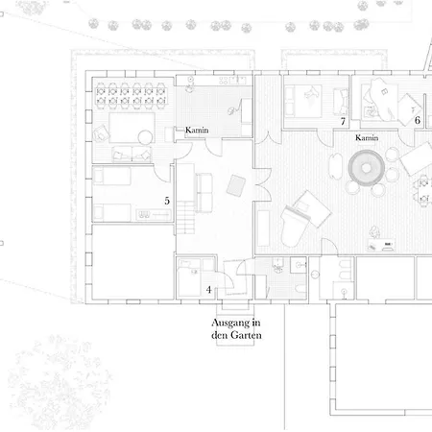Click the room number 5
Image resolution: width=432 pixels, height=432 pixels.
point(167,201)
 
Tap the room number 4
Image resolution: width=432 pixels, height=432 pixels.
point(208,290)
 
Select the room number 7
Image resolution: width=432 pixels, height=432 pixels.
point(343,121)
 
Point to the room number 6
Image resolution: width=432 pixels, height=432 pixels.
point(418,120)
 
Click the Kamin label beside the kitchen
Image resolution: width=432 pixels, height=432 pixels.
point(197,130)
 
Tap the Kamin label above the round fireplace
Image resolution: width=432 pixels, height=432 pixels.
point(367,137)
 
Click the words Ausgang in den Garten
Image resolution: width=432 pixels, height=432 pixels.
point(236,328)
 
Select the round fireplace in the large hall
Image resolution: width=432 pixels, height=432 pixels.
point(366,168)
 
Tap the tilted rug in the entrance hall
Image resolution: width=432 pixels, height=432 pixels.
point(236,185)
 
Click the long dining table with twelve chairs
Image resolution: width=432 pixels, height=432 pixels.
point(131,96)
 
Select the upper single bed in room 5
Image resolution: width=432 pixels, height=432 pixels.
point(111,177)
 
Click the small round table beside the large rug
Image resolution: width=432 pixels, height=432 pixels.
point(145,137)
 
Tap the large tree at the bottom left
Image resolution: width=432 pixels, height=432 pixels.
point(60,381)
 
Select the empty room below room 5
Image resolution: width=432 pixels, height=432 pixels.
point(133,262)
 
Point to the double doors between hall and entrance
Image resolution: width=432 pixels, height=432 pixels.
point(262,184)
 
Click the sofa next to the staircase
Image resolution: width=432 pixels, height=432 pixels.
point(204,193)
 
